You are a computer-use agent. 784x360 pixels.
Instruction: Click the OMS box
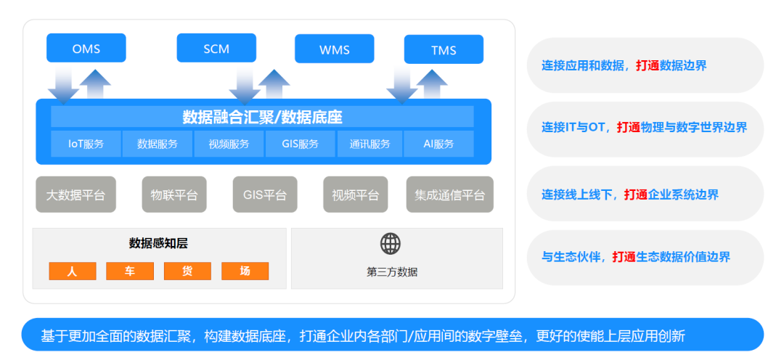[86, 49]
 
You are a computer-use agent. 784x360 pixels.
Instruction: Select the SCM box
[216, 49]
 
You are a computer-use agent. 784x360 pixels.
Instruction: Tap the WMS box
[334, 49]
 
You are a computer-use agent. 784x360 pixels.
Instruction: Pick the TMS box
[444, 49]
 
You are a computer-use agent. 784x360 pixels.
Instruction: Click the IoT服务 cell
[86, 144]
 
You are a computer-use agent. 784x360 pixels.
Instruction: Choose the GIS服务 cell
[300, 144]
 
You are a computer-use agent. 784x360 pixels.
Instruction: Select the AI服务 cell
[438, 144]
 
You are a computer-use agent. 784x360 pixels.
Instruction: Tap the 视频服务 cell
[229, 144]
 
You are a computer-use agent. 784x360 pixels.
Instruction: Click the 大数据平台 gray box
[75, 195]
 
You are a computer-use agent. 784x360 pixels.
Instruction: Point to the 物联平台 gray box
[174, 195]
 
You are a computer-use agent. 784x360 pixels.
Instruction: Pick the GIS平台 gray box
[265, 195]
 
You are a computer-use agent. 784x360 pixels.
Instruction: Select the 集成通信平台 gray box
[449, 195]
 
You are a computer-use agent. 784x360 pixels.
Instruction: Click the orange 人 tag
[72, 271]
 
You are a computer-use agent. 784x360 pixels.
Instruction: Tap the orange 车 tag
[129, 271]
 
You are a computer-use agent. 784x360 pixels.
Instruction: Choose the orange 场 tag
[245, 271]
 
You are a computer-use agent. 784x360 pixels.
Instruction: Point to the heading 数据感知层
[158, 243]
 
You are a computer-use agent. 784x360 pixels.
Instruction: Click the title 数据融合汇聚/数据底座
[262, 117]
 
